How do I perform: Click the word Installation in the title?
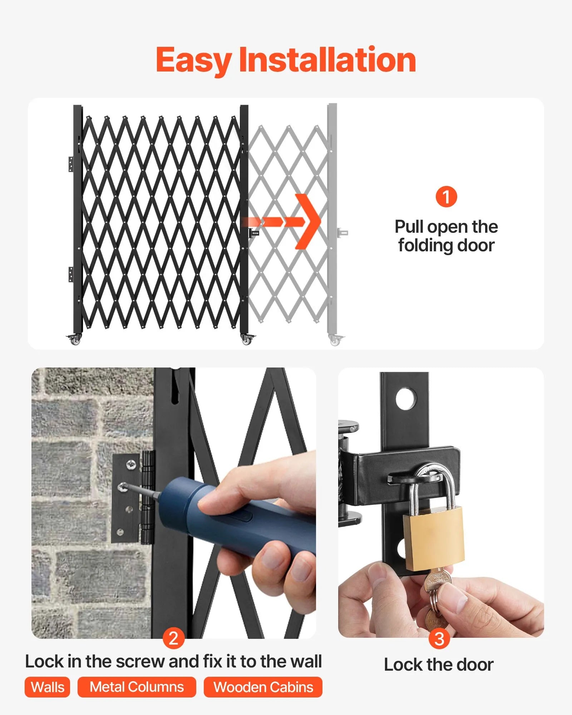click(x=327, y=60)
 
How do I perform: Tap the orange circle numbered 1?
click(x=446, y=197)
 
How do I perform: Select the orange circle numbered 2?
click(x=173, y=638)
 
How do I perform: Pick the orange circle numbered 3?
click(x=439, y=639)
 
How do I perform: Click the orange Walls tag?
click(x=47, y=687)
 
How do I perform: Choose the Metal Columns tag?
click(x=137, y=687)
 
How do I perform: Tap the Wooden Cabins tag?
click(x=263, y=687)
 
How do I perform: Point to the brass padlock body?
click(x=433, y=538)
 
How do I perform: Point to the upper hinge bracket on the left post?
click(x=71, y=164)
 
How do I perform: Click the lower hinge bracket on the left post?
click(x=71, y=274)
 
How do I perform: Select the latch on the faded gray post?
click(x=342, y=233)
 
